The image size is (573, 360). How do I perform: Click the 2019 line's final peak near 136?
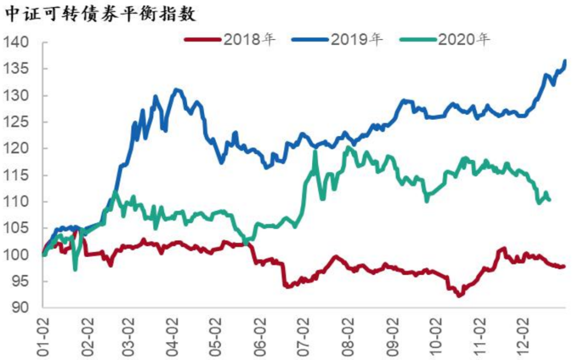[565, 62]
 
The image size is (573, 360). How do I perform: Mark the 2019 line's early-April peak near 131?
[177, 90]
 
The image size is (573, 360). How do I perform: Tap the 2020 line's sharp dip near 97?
[75, 269]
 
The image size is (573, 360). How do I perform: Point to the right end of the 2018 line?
[563, 266]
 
